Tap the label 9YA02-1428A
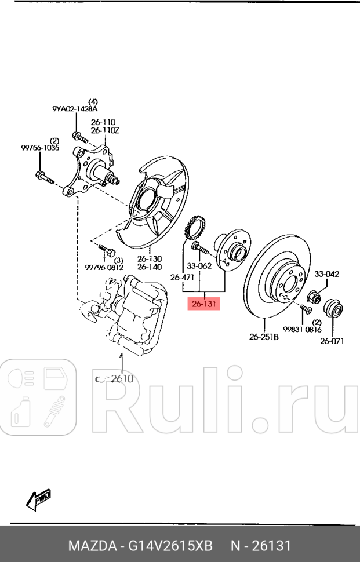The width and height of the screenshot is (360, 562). [x=75, y=108]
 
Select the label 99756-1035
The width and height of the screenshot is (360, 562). [x=39, y=148]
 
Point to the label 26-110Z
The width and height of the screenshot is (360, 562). [x=104, y=131]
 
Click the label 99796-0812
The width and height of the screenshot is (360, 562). [x=104, y=267]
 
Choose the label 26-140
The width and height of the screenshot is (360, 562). [x=150, y=267]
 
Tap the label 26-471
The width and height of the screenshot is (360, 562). [x=182, y=278]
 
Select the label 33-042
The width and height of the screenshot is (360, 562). [x=327, y=274]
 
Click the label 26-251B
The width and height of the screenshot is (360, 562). [x=264, y=337]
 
